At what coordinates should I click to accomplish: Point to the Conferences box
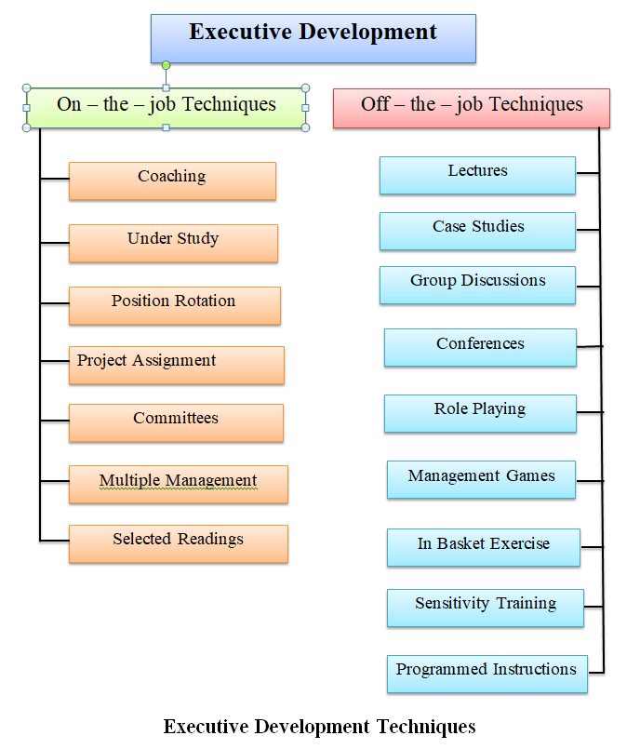[480, 347]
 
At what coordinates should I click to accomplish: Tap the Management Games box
[481, 479]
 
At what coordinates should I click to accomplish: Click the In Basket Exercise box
[483, 547]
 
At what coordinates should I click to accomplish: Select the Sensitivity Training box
[485, 607]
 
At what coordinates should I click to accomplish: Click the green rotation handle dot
[166, 65]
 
